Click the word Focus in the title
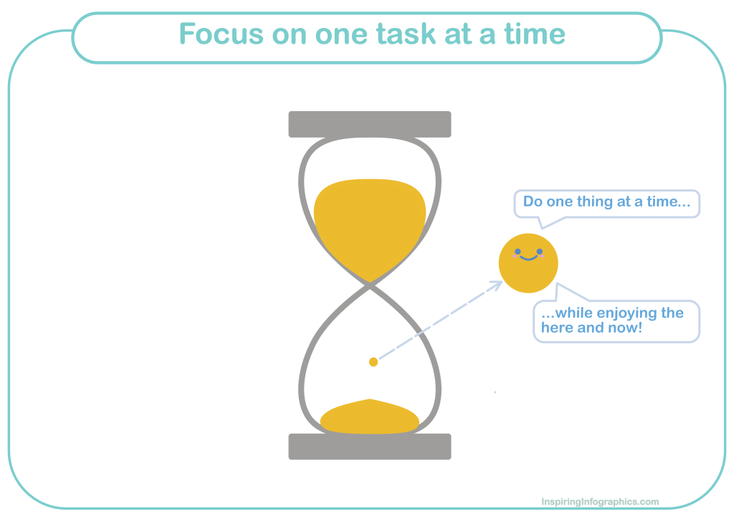221,34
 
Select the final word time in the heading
535,34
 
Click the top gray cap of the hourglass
370,124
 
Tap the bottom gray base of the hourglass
370,447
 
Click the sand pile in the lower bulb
370,417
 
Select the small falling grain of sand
373,362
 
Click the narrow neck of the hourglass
370,285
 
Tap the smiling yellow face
528,263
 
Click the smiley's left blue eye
518,252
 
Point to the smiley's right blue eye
540,252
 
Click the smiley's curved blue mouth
528,257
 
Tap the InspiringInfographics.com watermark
600,502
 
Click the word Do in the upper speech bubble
533,201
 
